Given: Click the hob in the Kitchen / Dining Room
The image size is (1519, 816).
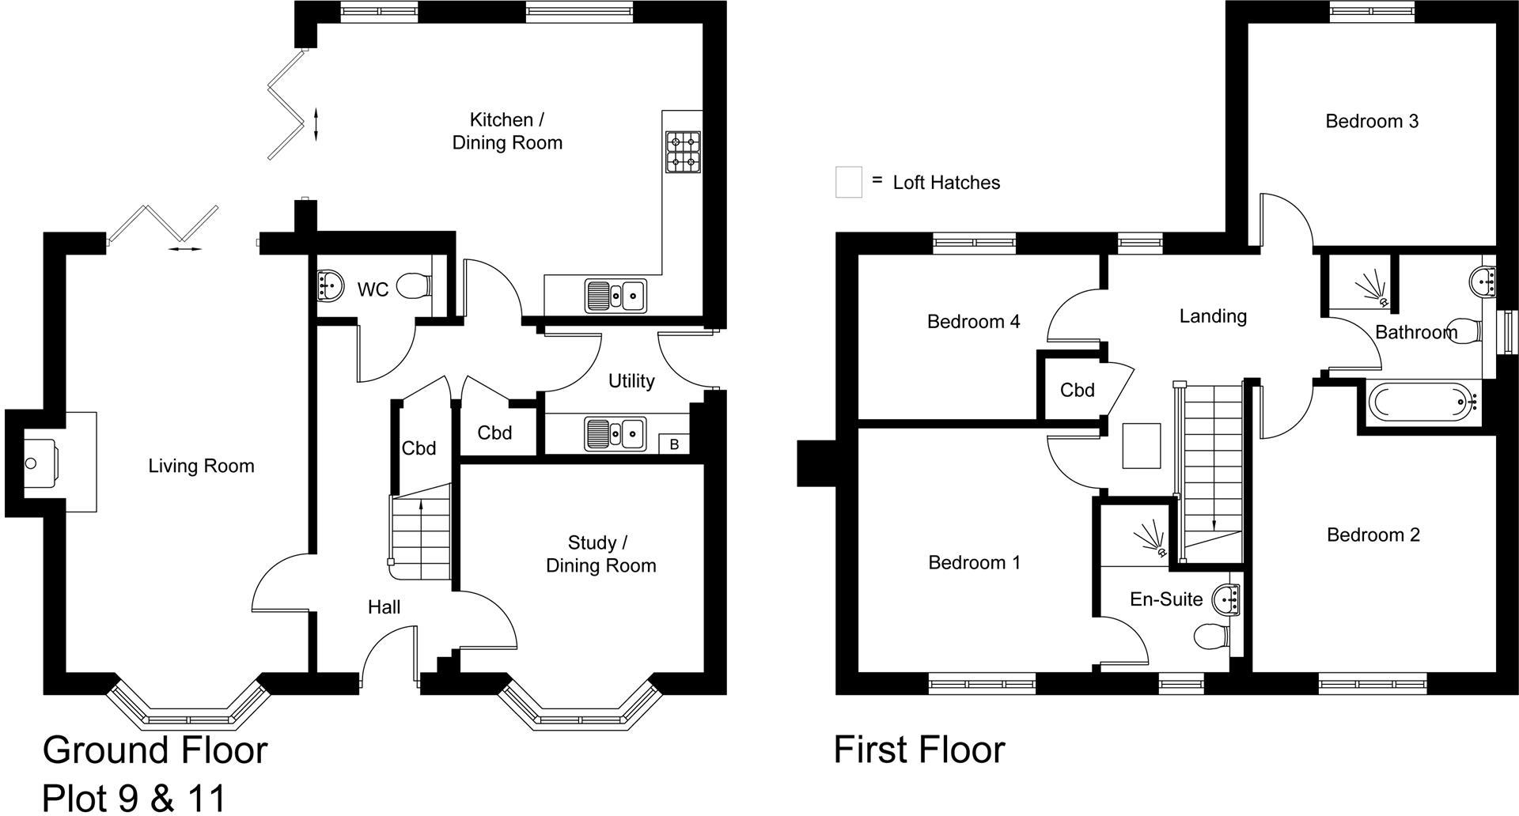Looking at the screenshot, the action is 684,153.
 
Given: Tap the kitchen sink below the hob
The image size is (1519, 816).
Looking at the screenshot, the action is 616,296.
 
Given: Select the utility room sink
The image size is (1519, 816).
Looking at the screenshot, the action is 616,433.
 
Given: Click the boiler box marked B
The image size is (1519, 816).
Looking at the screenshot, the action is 674,444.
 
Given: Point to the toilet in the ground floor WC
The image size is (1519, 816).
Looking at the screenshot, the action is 415,286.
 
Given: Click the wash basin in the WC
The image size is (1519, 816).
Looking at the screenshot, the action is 330,285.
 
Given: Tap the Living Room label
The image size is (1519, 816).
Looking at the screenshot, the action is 201,466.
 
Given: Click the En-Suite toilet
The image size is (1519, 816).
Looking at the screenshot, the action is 1210,636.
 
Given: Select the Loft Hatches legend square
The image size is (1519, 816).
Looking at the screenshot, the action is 849,182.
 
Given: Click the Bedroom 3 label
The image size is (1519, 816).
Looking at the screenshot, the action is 1372,121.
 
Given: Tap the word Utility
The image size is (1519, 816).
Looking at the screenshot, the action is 631,381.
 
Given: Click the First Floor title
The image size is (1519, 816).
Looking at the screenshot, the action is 919,750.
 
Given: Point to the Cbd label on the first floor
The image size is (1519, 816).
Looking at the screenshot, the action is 1077,390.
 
